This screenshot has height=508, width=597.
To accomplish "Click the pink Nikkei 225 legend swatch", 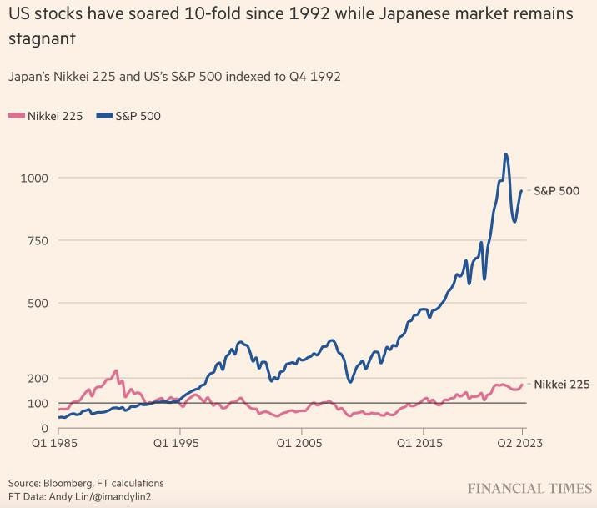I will point(16,116).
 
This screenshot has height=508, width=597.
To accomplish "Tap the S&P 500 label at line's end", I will point(557,191).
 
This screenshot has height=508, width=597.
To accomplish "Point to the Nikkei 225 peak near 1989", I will point(116,370).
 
